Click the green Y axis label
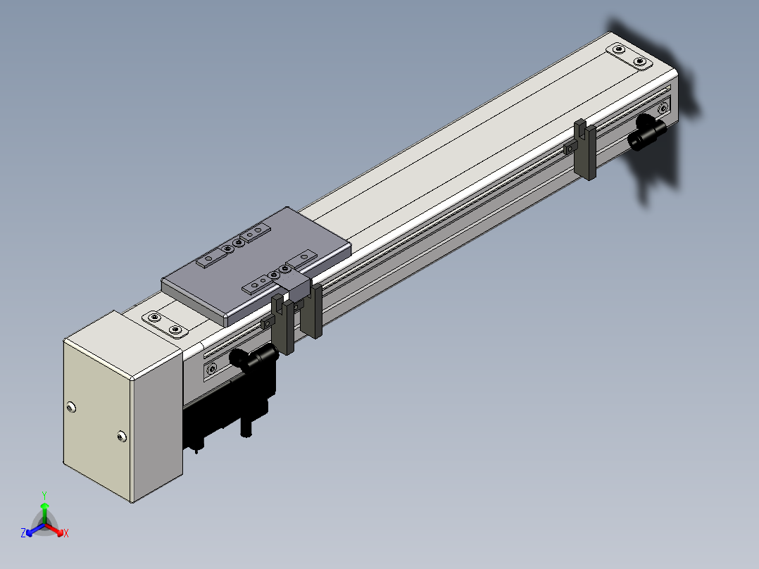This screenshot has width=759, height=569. tap(44, 495)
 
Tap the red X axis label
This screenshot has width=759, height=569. tap(66, 533)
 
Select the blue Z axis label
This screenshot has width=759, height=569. tap(23, 532)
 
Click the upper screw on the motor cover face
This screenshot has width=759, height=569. tap(71, 407)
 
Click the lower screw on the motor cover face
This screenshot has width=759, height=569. tap(122, 437)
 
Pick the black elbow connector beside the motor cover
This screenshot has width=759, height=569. tap(253, 358)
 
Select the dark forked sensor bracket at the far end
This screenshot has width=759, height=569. tap(584, 149)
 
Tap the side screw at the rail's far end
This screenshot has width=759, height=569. tap(663, 108)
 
